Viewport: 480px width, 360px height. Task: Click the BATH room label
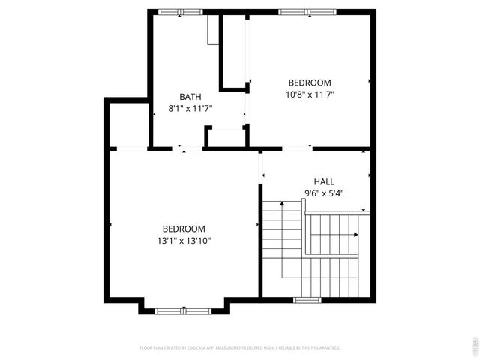tap(190, 96)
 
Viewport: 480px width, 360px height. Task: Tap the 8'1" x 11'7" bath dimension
tap(190, 108)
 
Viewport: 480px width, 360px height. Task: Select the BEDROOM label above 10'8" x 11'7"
tap(310, 82)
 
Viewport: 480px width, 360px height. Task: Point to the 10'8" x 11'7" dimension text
tap(310, 94)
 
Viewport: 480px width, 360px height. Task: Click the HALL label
tap(324, 181)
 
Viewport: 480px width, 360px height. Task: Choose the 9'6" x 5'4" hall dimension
tap(324, 193)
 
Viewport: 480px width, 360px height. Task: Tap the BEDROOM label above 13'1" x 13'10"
tap(184, 229)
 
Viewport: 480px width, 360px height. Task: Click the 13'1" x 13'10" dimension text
tap(184, 241)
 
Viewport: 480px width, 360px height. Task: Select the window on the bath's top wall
tap(180, 11)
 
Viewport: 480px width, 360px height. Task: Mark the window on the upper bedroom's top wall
tap(307, 11)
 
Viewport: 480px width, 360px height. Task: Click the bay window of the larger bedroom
tap(184, 310)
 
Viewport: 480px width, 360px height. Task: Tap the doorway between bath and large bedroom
tap(187, 148)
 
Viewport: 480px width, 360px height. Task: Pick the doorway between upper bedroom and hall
tap(297, 148)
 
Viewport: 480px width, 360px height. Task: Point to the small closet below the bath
tap(226, 138)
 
